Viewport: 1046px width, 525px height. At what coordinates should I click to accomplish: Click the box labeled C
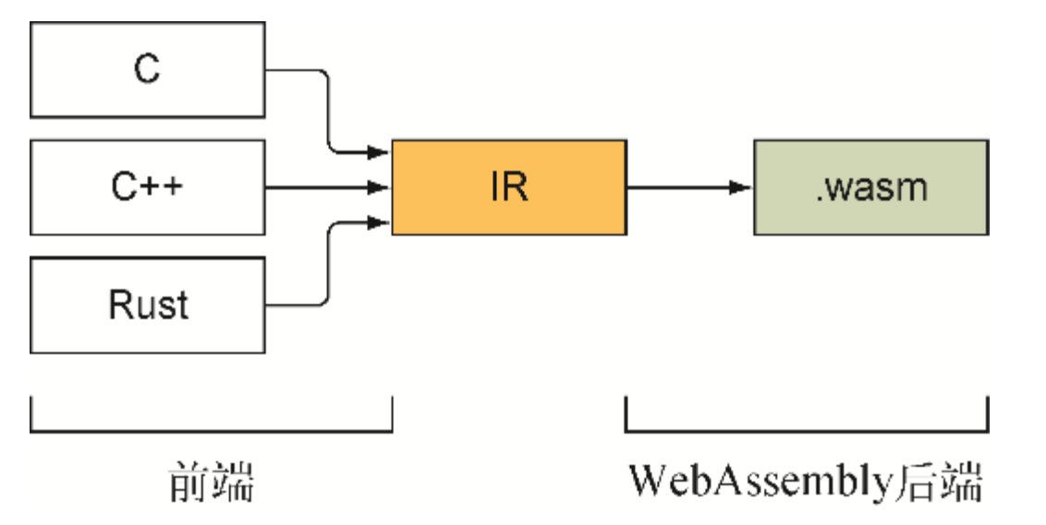pyautogui.click(x=148, y=71)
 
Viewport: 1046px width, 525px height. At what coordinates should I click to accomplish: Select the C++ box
pyautogui.click(x=148, y=188)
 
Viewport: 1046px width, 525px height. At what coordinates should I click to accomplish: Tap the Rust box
pyautogui.click(x=148, y=305)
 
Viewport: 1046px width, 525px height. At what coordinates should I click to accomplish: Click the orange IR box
pyautogui.click(x=509, y=188)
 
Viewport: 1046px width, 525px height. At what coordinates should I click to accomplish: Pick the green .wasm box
pyautogui.click(x=870, y=188)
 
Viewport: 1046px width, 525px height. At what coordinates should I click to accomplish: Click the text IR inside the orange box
pyautogui.click(x=509, y=188)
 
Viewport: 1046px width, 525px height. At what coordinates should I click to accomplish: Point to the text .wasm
pyautogui.click(x=870, y=188)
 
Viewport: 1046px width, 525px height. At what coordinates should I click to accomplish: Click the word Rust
pyautogui.click(x=148, y=305)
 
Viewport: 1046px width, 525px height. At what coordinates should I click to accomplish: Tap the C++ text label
pyautogui.click(x=148, y=188)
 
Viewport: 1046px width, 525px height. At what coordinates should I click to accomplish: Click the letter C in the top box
pyautogui.click(x=148, y=71)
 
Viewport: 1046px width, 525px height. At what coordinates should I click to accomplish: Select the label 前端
pyautogui.click(x=211, y=482)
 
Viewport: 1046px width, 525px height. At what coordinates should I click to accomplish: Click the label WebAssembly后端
pyautogui.click(x=805, y=482)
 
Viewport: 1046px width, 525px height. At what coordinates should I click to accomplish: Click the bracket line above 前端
pyautogui.click(x=211, y=431)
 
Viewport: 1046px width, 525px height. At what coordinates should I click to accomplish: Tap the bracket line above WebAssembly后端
pyautogui.click(x=806, y=431)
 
